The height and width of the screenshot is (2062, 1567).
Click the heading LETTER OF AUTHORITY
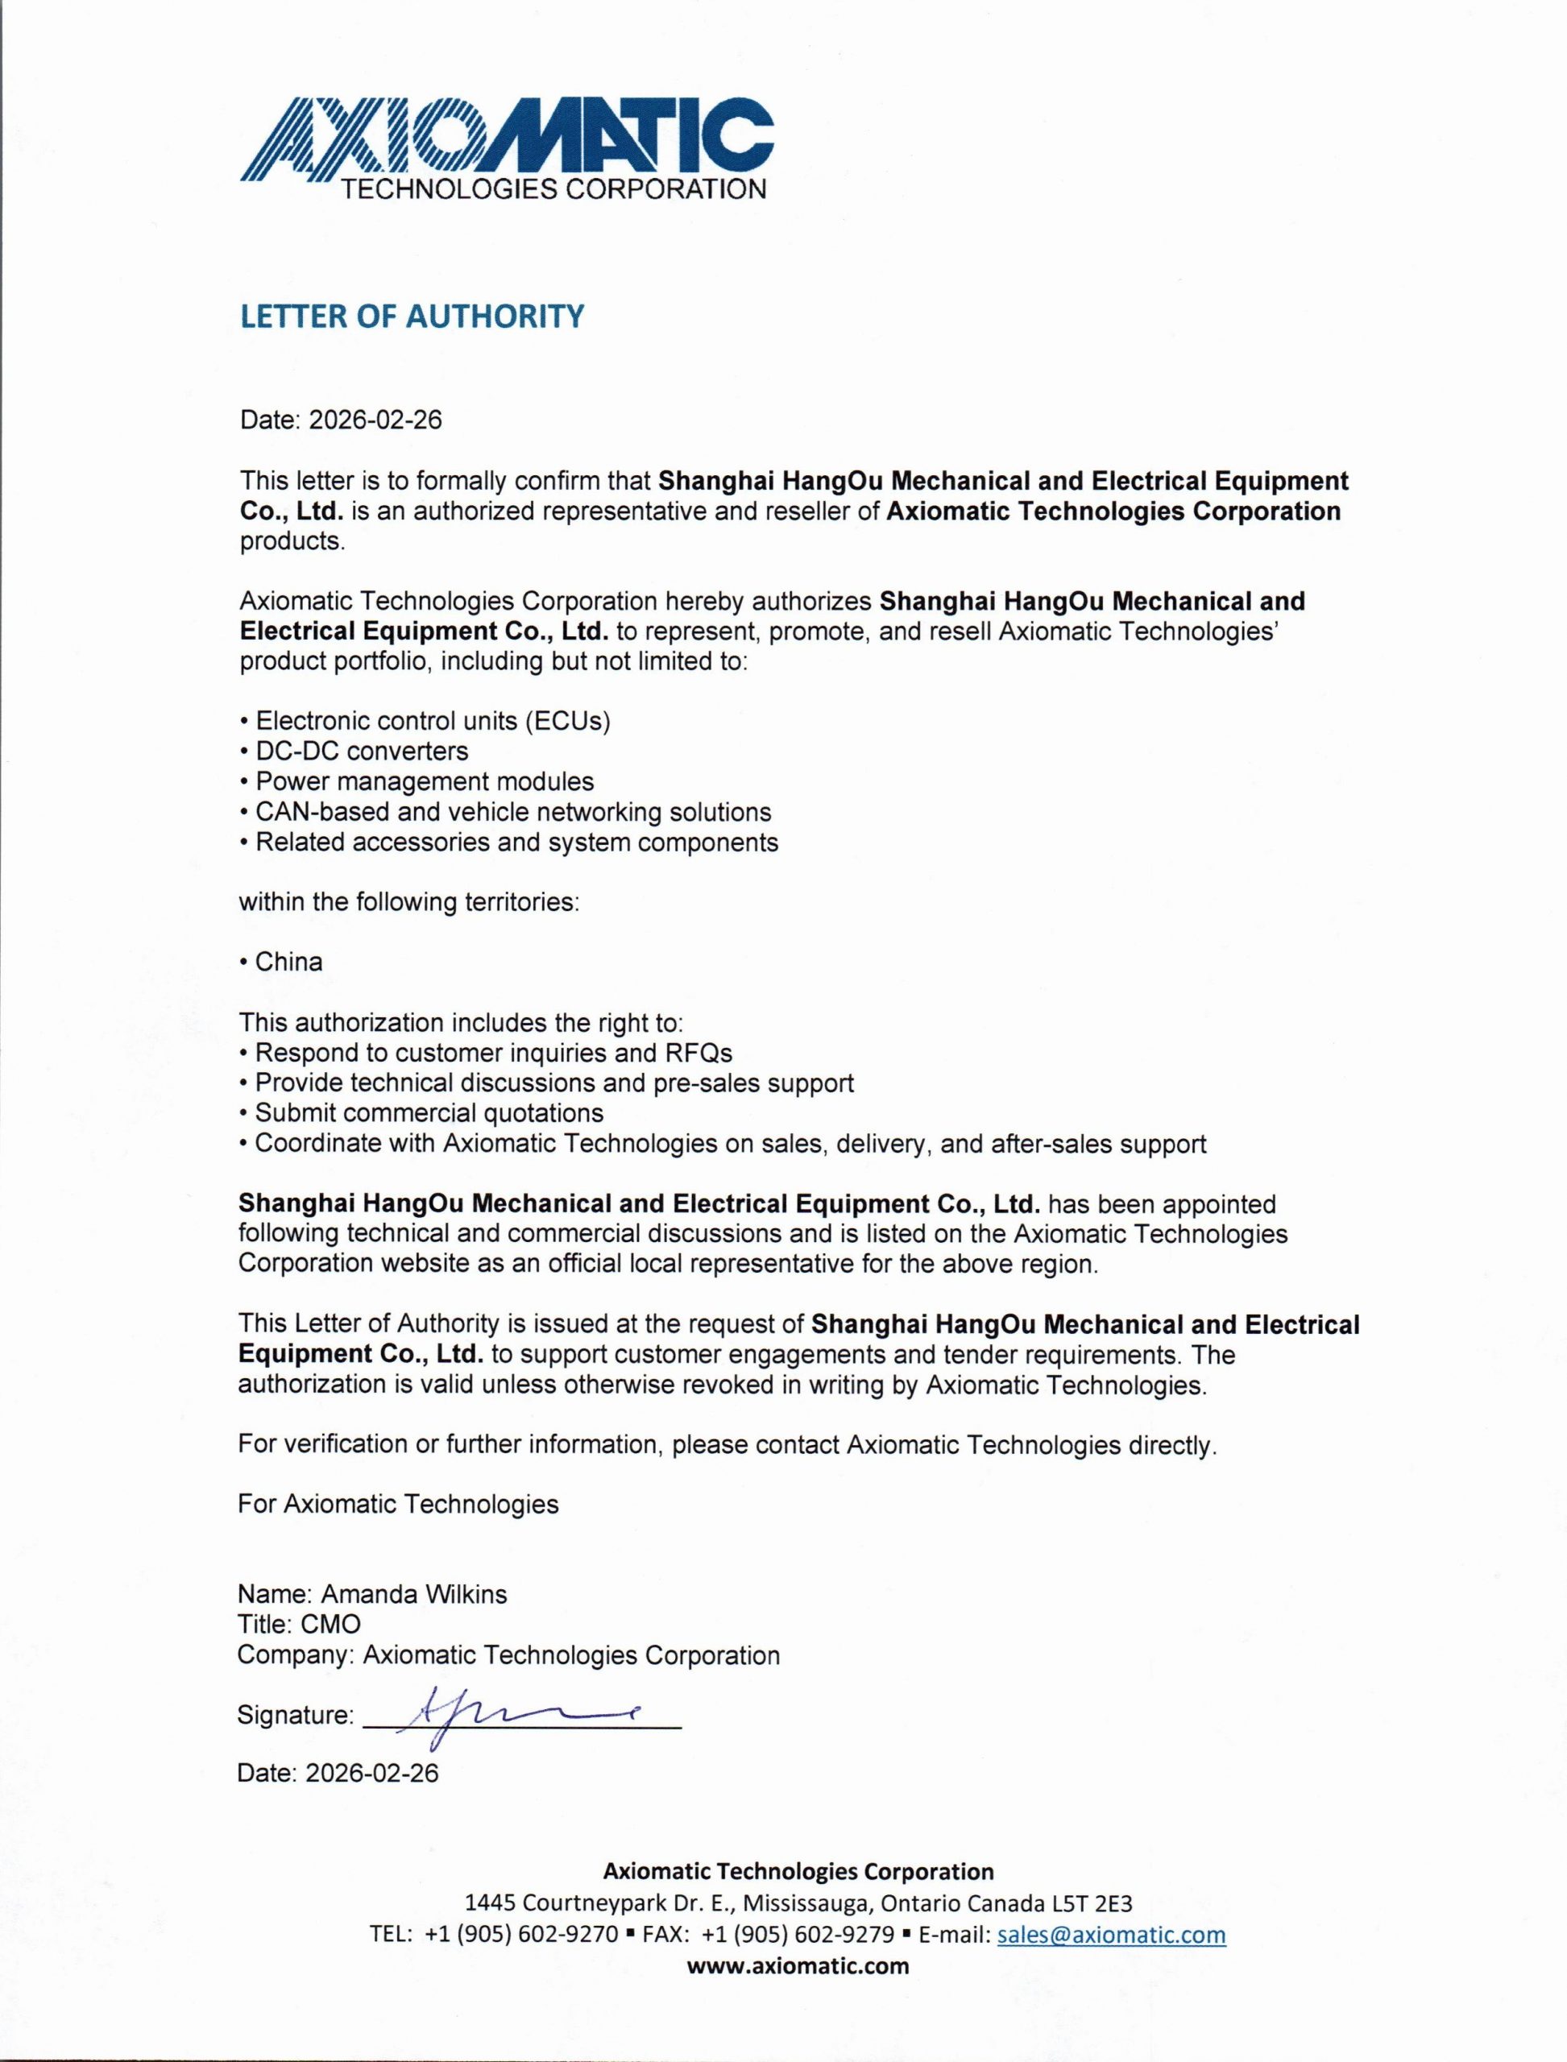coord(412,317)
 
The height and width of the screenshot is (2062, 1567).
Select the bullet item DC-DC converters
coord(362,751)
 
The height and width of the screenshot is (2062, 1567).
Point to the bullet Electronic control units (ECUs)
coord(433,721)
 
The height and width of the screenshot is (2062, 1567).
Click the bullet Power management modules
coord(425,781)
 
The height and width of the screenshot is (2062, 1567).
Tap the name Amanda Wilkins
coord(414,1594)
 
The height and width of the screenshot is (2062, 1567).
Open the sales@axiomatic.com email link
coord(1111,1936)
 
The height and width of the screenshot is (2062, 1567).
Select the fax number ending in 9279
coord(798,1936)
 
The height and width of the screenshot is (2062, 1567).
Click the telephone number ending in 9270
coord(520,1936)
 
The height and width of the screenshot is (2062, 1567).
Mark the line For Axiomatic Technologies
coord(398,1505)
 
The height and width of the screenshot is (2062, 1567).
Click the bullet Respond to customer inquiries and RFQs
coord(493,1053)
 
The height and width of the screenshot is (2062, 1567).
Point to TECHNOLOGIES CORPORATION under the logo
coord(555,189)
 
